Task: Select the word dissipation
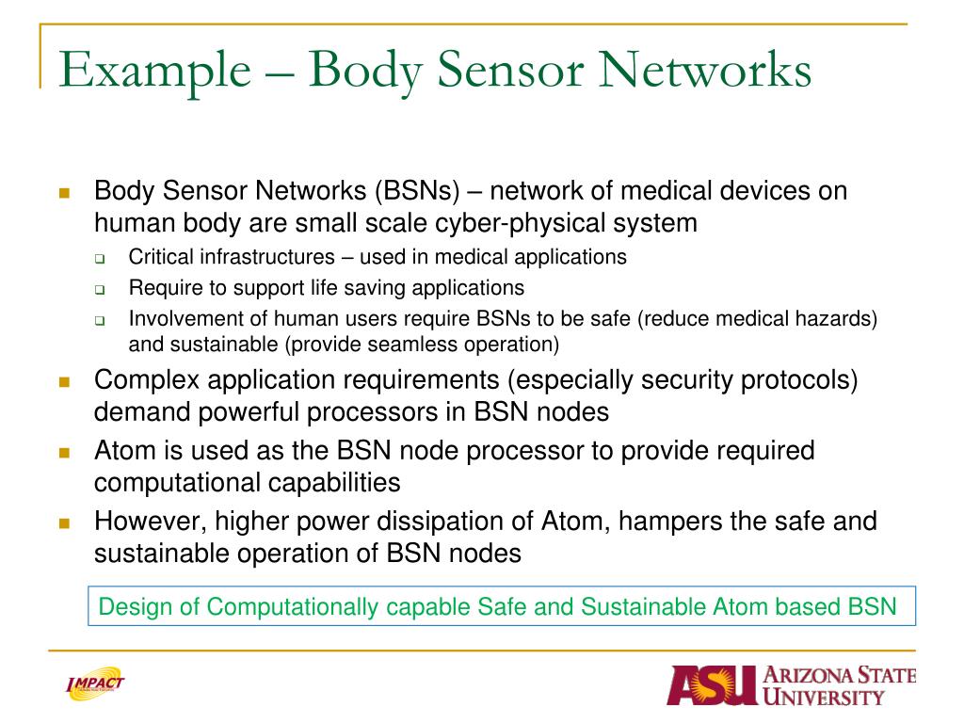(437, 521)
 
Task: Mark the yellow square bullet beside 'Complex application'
(65, 382)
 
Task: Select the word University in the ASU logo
(826, 698)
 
